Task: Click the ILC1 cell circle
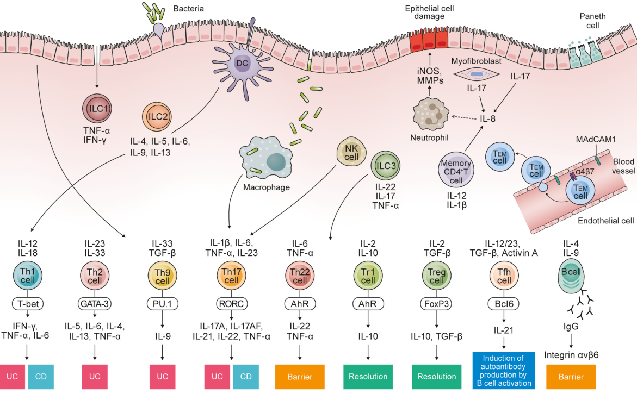[96, 107]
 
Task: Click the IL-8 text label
[488, 118]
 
